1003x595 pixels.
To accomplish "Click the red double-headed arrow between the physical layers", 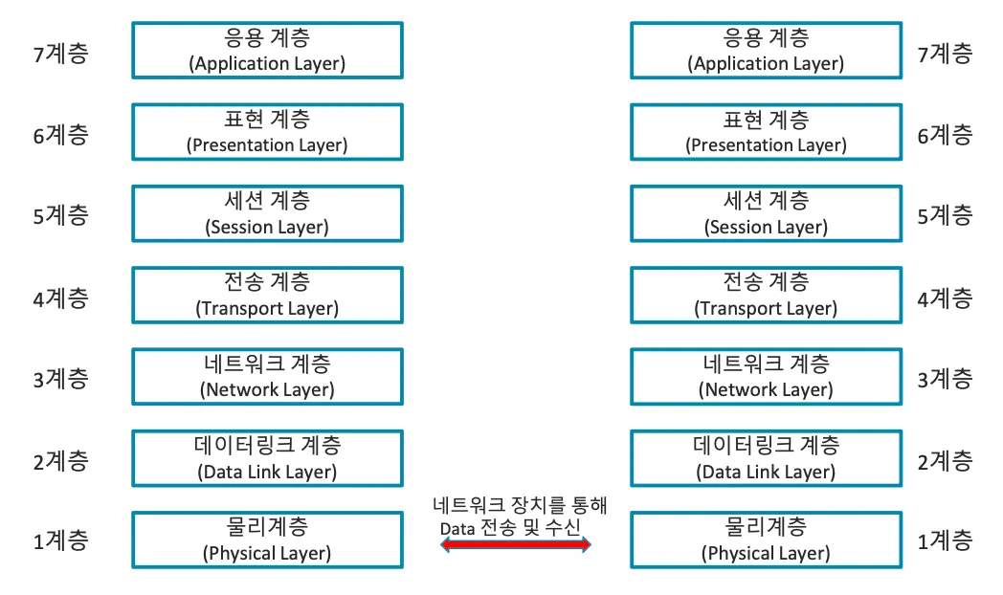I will [x=516, y=544].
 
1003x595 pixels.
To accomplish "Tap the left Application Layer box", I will [x=267, y=51].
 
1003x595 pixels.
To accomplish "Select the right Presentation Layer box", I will [x=766, y=132].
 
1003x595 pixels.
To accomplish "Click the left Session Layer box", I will [x=267, y=213].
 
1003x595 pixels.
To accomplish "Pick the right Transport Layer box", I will [x=766, y=295].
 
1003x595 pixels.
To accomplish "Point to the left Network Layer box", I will [x=267, y=376].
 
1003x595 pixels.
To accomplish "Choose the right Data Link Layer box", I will [x=766, y=458].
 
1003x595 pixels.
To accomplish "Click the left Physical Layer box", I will [x=267, y=540].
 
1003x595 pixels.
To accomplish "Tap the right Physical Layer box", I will [x=766, y=540].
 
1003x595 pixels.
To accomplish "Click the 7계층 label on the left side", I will [x=60, y=53].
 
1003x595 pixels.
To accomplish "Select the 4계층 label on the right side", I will [x=945, y=297].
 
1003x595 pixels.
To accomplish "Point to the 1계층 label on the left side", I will [x=60, y=541].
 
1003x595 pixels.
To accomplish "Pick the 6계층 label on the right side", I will [x=945, y=135].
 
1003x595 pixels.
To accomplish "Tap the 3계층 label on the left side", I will [x=60, y=379].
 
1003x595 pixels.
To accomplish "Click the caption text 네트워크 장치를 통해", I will [x=520, y=505].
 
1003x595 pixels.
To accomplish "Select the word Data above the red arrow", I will [x=457, y=528].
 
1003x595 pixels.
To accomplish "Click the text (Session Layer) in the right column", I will [x=766, y=228].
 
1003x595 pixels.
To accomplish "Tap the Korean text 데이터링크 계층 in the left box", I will [x=267, y=446].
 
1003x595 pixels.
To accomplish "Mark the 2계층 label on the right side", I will [x=945, y=461].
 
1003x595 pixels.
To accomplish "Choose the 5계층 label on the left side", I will [x=60, y=215].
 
